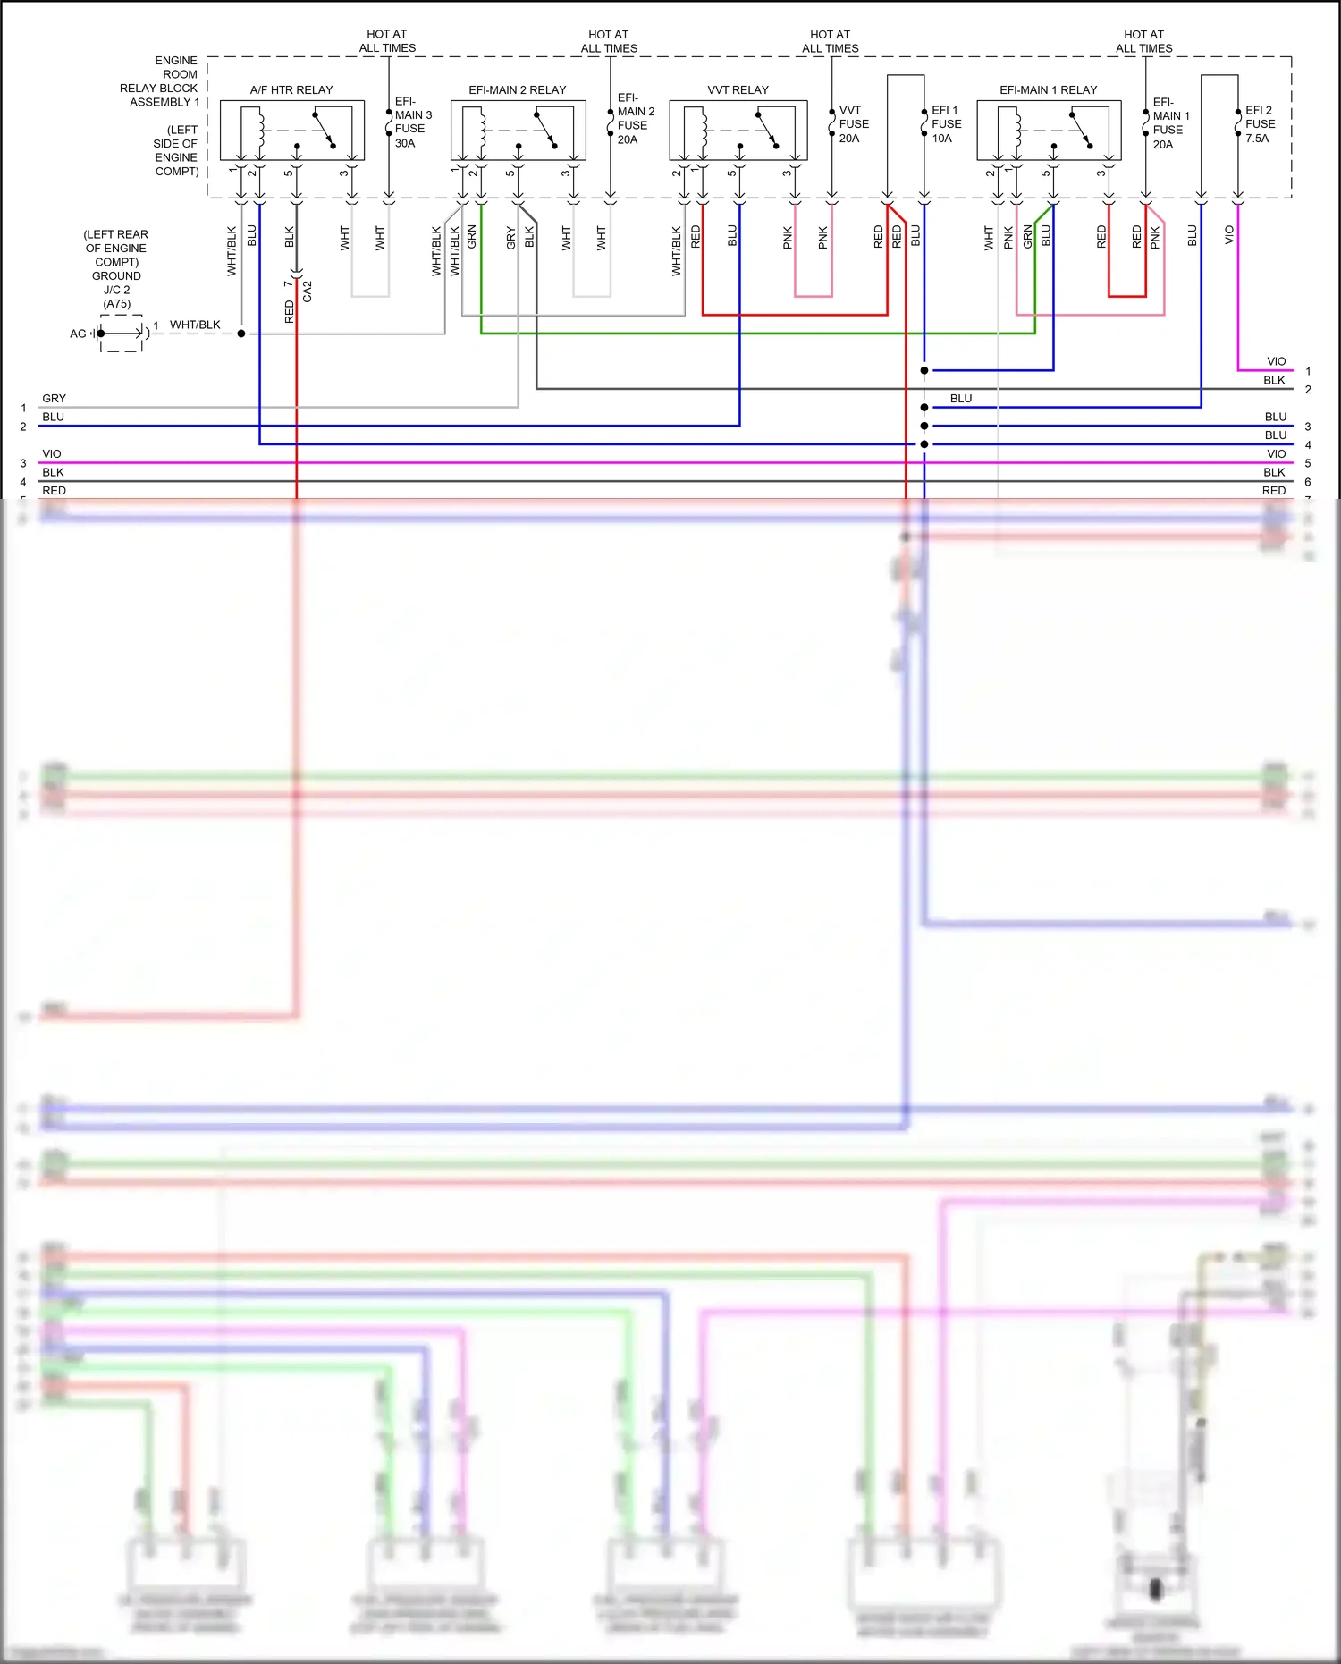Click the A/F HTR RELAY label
coord(291,90)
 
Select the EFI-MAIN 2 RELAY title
coord(517,90)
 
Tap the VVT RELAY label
coord(738,90)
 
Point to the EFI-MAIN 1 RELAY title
coord(1048,90)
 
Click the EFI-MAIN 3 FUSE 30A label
coord(412,122)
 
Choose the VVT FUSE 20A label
coord(853,124)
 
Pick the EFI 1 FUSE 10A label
coord(946,124)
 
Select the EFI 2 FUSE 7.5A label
coord(1260,124)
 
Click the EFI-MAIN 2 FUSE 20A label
coord(635,119)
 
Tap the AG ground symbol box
coord(121,334)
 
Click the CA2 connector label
coord(308,291)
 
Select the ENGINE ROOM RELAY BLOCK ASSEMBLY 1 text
coord(161,81)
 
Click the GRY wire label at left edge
coord(54,399)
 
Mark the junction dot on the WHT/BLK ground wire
coord(241,334)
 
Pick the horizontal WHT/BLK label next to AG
coord(195,325)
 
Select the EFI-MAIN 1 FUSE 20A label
coord(1170,123)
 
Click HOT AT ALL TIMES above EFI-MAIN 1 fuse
coord(1143,41)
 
